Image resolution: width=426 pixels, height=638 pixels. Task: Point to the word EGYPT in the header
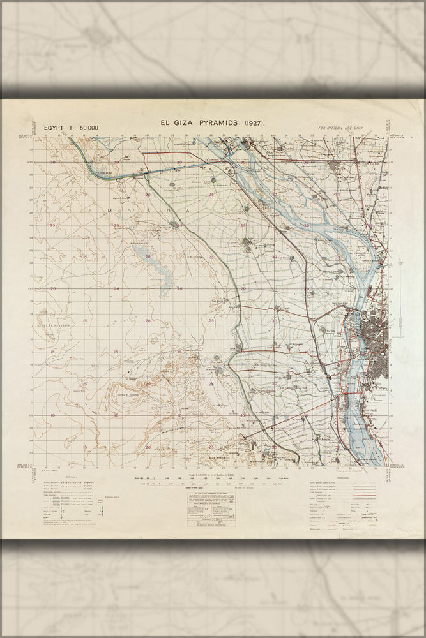click(55, 128)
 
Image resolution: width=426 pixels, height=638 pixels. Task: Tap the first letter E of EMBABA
click(92, 209)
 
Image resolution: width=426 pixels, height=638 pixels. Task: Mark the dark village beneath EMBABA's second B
click(174, 224)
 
